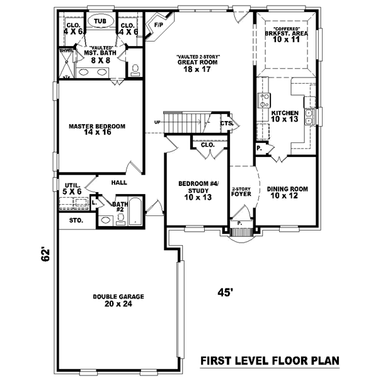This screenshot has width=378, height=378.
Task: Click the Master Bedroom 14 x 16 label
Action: tap(97, 130)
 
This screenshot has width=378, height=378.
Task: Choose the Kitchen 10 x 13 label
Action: tap(284, 116)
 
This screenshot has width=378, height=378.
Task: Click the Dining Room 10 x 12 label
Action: tap(287, 192)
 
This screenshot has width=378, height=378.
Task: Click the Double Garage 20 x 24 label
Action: tap(118, 300)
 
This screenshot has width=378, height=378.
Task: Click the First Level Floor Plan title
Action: tap(270, 361)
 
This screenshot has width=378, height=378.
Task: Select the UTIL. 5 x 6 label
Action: tap(71, 188)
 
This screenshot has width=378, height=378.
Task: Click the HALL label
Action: tap(119, 183)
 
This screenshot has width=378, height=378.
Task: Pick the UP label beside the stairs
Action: tap(157, 122)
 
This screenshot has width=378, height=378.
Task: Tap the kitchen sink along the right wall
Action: tap(309, 116)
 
